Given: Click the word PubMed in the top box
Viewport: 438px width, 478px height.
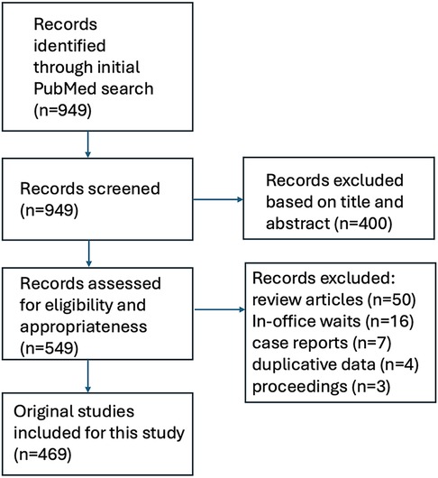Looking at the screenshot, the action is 65,88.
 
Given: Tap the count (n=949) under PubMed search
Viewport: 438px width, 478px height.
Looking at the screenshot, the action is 62,110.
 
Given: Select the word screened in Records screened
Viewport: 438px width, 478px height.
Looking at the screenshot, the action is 124,188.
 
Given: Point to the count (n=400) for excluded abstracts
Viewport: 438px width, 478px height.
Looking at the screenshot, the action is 363,224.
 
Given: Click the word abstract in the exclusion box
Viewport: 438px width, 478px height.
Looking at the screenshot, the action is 298,224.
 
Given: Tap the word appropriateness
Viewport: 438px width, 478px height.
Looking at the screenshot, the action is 84,327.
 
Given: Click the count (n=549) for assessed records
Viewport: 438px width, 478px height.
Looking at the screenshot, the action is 49,348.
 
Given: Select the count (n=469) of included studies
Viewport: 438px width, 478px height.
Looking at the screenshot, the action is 42,455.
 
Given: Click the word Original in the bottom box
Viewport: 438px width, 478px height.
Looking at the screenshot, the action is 41,411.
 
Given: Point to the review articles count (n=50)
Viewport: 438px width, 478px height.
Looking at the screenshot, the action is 391,299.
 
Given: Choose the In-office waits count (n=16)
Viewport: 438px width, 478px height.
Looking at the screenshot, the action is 389,321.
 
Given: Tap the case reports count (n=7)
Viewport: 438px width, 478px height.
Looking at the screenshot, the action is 371,343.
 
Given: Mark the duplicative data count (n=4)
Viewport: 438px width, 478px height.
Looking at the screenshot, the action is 399,364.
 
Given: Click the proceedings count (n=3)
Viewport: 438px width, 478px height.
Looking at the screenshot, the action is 370,386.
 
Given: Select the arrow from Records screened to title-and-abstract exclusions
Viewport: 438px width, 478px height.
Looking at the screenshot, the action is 218,199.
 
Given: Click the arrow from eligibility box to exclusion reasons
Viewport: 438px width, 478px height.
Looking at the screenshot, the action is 220,309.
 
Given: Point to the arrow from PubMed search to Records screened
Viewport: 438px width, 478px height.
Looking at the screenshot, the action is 88,144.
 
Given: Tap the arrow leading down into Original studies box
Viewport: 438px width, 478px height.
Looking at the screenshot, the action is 88,376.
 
